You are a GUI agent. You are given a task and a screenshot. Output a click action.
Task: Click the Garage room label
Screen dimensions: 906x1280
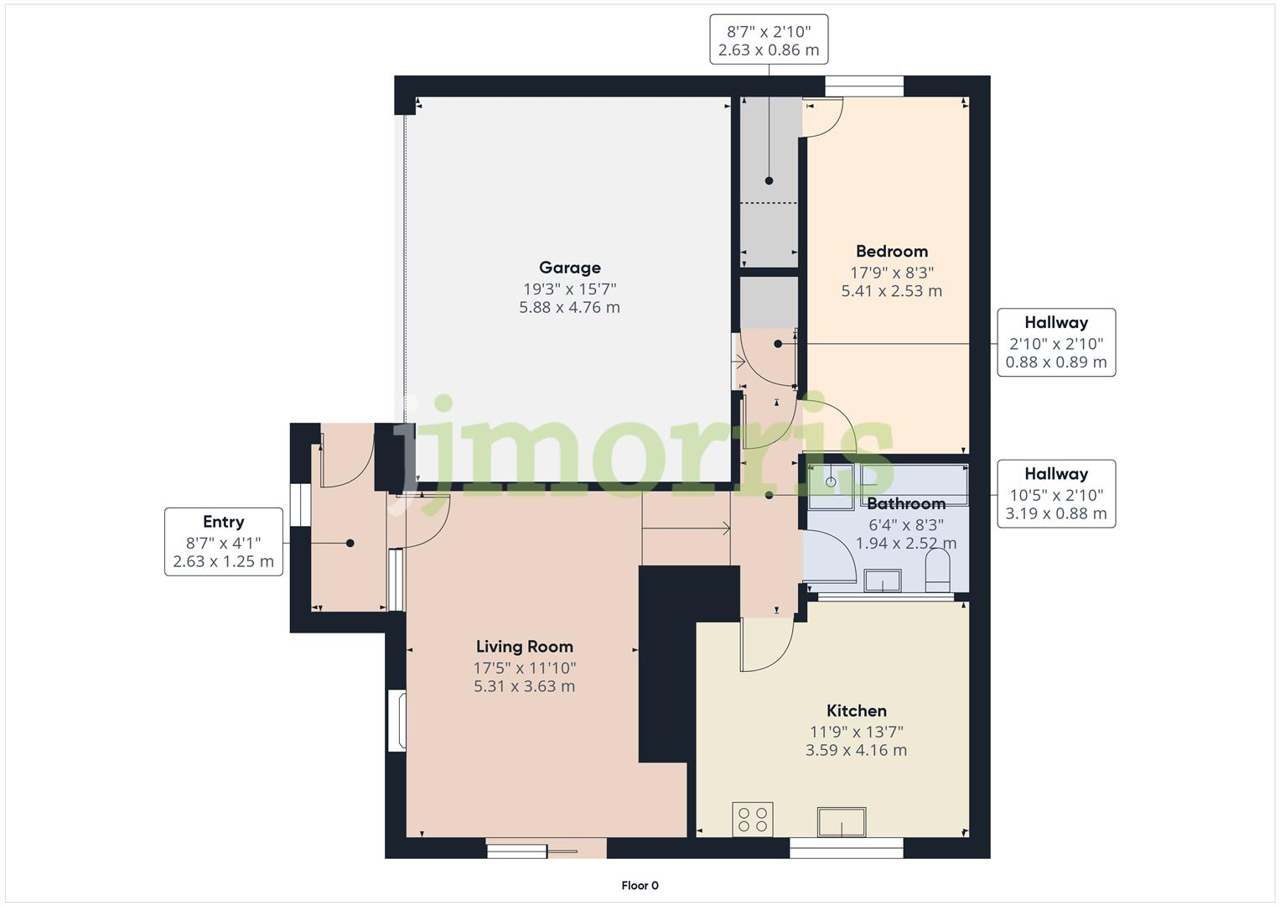[x=569, y=268]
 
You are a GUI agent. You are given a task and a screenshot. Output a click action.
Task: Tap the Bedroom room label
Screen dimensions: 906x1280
[x=891, y=251]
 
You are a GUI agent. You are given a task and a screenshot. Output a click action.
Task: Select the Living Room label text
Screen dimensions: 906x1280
[x=524, y=647]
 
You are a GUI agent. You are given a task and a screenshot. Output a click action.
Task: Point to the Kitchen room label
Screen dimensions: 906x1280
[x=856, y=711]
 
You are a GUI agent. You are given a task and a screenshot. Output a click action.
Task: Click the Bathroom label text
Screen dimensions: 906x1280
[x=905, y=504]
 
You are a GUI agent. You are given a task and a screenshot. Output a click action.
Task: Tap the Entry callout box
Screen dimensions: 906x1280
[x=223, y=542]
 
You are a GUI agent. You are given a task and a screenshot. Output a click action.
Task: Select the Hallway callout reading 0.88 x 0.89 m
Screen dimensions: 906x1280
[x=1055, y=342]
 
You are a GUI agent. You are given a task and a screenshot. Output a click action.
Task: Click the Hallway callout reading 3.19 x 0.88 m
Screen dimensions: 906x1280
[x=1055, y=493]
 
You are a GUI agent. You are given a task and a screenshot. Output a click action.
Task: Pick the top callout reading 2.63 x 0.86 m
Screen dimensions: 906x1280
[x=769, y=39]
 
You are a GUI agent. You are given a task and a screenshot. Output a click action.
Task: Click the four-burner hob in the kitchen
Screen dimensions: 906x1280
[x=752, y=820]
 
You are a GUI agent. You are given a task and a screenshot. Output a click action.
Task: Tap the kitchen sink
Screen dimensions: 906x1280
[x=842, y=822]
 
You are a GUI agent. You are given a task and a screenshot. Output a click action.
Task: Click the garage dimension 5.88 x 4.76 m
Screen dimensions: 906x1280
[x=569, y=308]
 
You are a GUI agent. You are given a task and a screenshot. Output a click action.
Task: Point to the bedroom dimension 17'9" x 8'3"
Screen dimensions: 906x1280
[x=891, y=273]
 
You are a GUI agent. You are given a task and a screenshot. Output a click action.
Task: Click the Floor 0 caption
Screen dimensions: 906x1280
[x=640, y=885]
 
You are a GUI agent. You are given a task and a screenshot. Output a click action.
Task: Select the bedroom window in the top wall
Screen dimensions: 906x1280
[x=864, y=86]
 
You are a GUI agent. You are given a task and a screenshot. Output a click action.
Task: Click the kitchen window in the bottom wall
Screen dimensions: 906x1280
[x=846, y=848]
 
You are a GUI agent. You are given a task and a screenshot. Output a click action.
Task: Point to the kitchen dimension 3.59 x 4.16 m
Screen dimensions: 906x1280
[x=856, y=751]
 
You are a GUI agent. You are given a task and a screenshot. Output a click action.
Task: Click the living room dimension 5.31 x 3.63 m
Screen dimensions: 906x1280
[x=524, y=686]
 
